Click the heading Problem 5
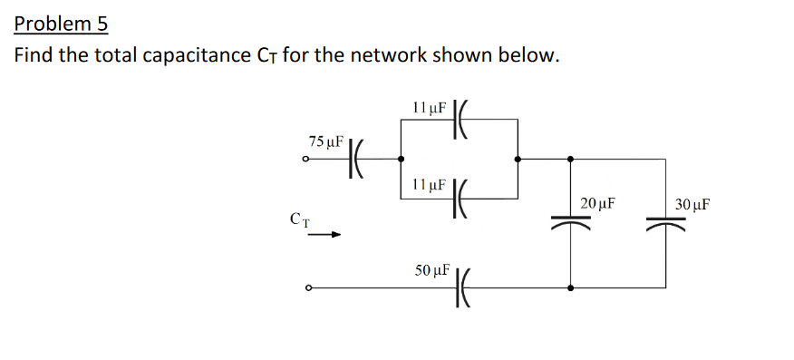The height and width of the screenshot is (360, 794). coord(61,23)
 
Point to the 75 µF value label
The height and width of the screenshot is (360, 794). coord(325,141)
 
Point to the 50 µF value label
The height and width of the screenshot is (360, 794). coord(431,270)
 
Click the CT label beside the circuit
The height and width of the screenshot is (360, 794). coord(300,218)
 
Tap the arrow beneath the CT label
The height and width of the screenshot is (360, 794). coord(323,235)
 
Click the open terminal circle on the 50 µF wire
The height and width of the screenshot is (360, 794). coord(309,288)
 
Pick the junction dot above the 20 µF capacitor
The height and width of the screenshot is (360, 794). coord(570,159)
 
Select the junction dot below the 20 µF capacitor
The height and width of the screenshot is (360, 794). coord(570,288)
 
